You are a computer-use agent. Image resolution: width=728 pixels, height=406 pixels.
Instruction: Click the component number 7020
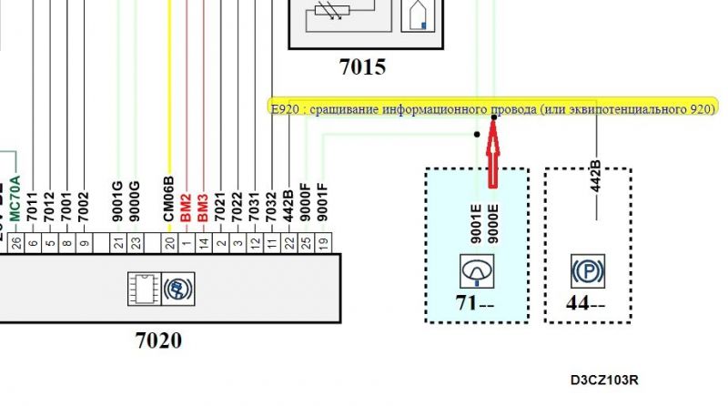click(158, 341)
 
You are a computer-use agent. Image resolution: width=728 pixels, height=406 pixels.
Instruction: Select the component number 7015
click(362, 66)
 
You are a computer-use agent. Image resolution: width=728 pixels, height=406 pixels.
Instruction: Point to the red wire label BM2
click(186, 208)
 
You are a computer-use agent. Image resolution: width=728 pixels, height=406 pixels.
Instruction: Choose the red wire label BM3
click(202, 208)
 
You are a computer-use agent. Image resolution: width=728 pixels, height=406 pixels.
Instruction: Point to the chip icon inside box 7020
click(143, 287)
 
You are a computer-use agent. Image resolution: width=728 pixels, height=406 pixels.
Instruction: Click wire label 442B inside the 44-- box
click(597, 178)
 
